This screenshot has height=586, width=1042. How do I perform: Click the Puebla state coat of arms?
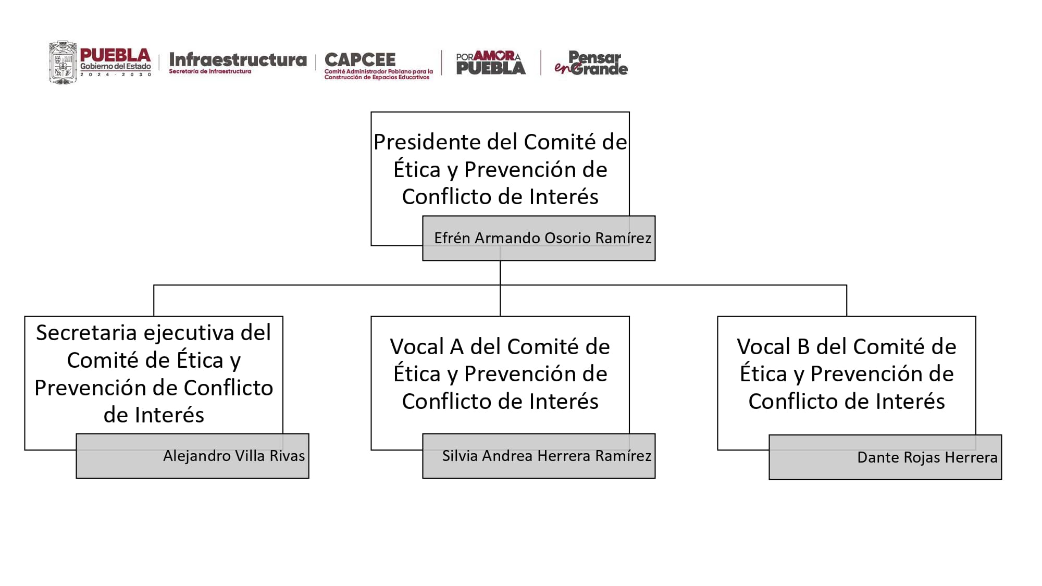[63, 63]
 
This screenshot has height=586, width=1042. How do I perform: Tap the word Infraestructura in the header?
[238, 60]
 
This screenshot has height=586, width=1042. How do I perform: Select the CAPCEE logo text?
[360, 59]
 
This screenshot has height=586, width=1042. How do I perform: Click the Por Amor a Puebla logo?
[491, 63]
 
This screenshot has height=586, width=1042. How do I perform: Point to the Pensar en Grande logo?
[591, 63]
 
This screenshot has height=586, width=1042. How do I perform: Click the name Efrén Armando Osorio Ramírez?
[542, 238]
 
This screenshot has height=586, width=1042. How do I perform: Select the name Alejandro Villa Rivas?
[234, 456]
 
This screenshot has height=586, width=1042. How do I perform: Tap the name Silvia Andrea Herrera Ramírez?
[547, 456]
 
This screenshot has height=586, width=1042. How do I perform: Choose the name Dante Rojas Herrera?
[927, 457]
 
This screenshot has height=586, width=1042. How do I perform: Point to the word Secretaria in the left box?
[86, 333]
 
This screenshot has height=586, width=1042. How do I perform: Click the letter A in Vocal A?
[456, 347]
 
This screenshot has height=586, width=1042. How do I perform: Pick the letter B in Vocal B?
[803, 347]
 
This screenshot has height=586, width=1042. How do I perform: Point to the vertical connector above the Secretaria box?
[154, 301]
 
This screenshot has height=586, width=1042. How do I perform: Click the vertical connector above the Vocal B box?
[847, 301]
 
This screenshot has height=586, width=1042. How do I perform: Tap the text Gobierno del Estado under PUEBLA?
[116, 67]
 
